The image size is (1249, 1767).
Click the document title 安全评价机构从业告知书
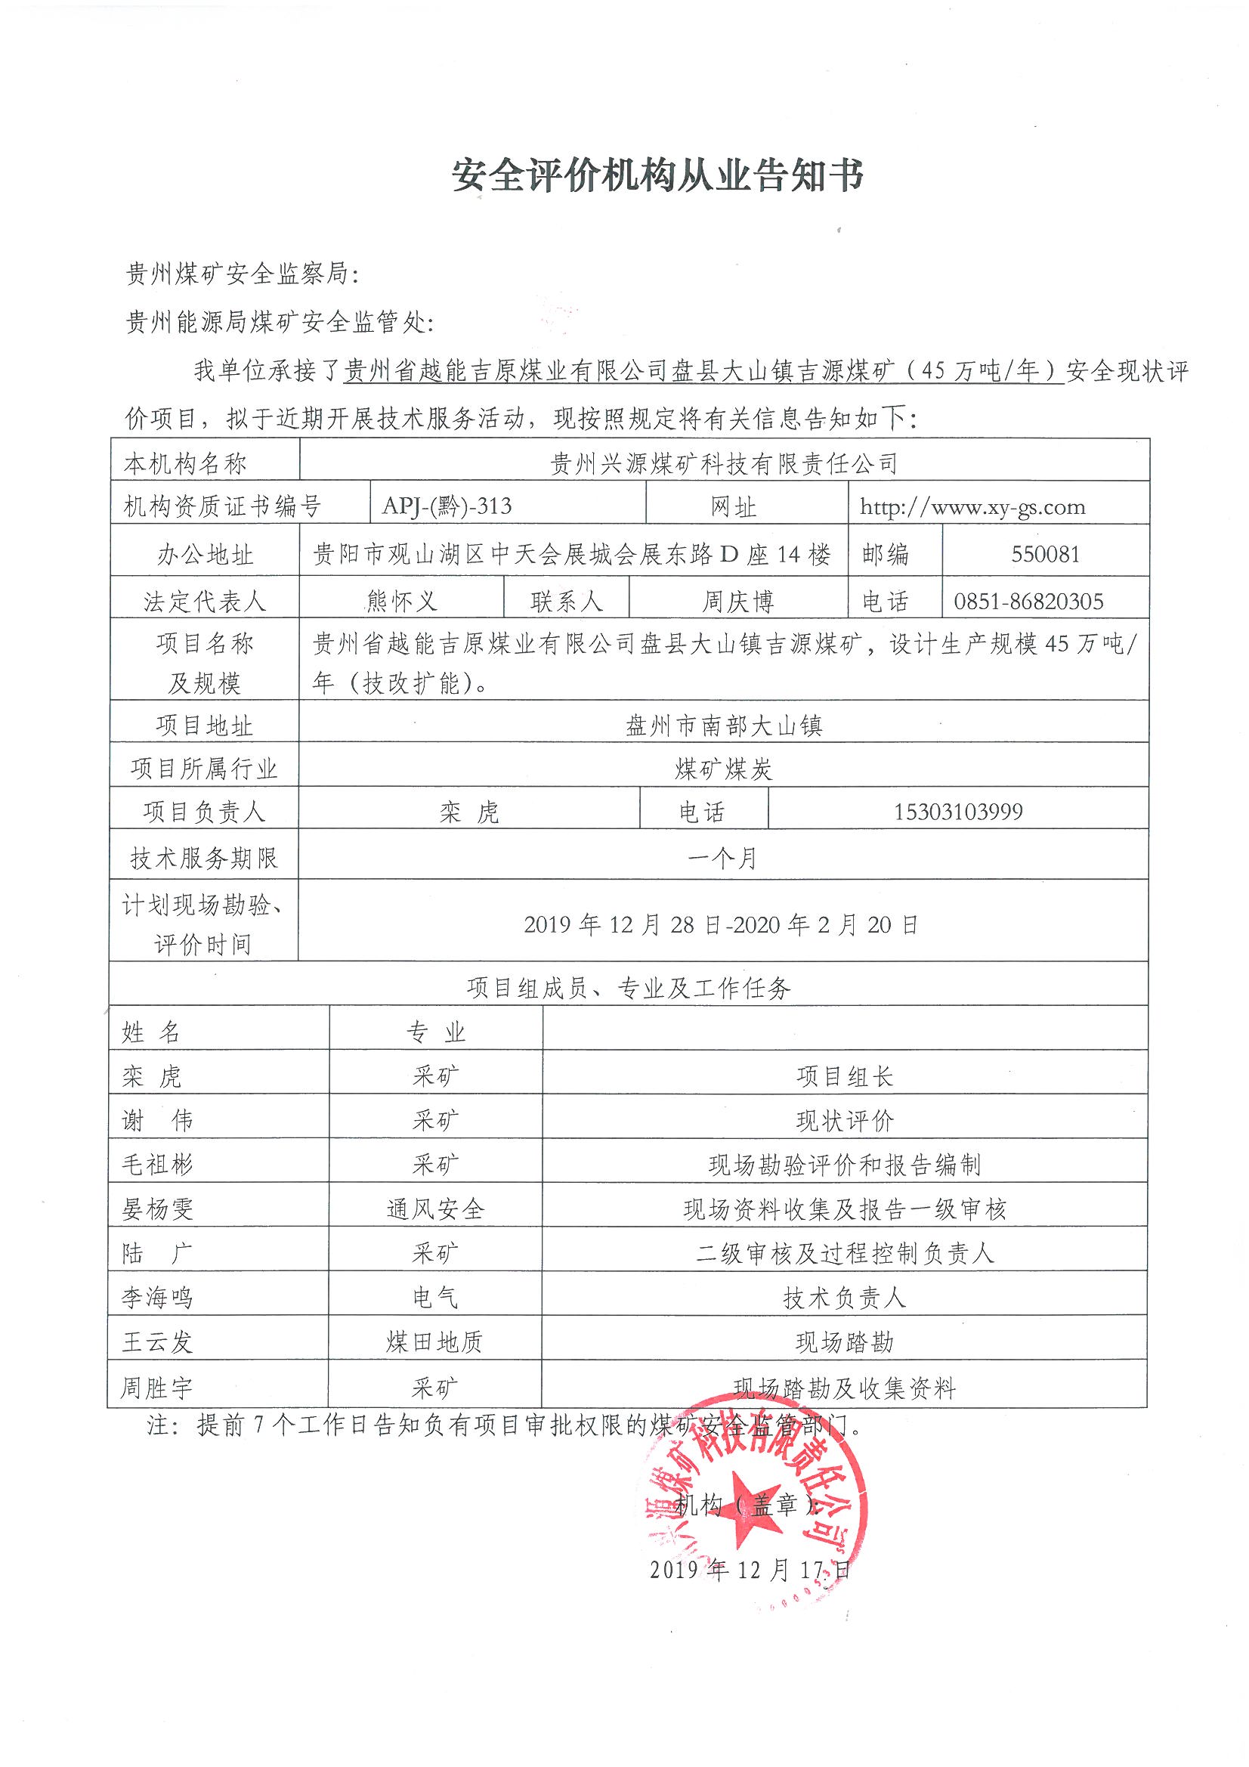(x=657, y=176)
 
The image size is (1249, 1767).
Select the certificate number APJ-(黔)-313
(x=447, y=506)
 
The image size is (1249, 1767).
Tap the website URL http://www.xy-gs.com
(x=972, y=506)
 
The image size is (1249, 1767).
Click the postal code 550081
(x=1045, y=554)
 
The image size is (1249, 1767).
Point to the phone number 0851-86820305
(x=1029, y=601)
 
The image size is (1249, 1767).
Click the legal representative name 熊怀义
(x=402, y=601)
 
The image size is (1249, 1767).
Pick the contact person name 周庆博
(x=737, y=601)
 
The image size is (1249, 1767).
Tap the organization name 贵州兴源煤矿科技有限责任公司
(x=723, y=463)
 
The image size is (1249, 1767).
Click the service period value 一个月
(x=722, y=857)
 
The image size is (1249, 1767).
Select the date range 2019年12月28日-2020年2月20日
(x=721, y=924)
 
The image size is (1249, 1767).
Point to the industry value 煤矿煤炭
(x=722, y=768)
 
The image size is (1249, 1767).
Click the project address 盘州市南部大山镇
(x=722, y=725)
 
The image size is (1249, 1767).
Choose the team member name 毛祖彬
(x=157, y=1165)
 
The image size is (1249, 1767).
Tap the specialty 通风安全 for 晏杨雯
(x=435, y=1209)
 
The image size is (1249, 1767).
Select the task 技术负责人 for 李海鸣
(x=844, y=1298)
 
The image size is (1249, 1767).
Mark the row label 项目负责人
(x=204, y=811)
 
